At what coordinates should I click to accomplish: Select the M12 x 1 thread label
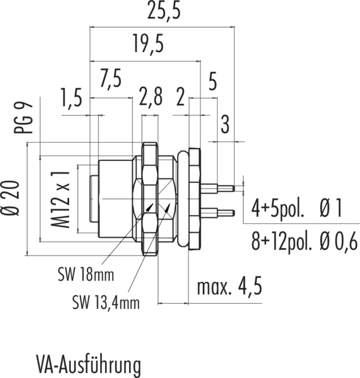tap(59, 199)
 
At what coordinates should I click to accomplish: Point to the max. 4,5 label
tap(230, 288)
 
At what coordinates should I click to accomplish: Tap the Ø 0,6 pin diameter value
tap(338, 242)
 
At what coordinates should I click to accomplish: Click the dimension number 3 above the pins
tap(225, 125)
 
